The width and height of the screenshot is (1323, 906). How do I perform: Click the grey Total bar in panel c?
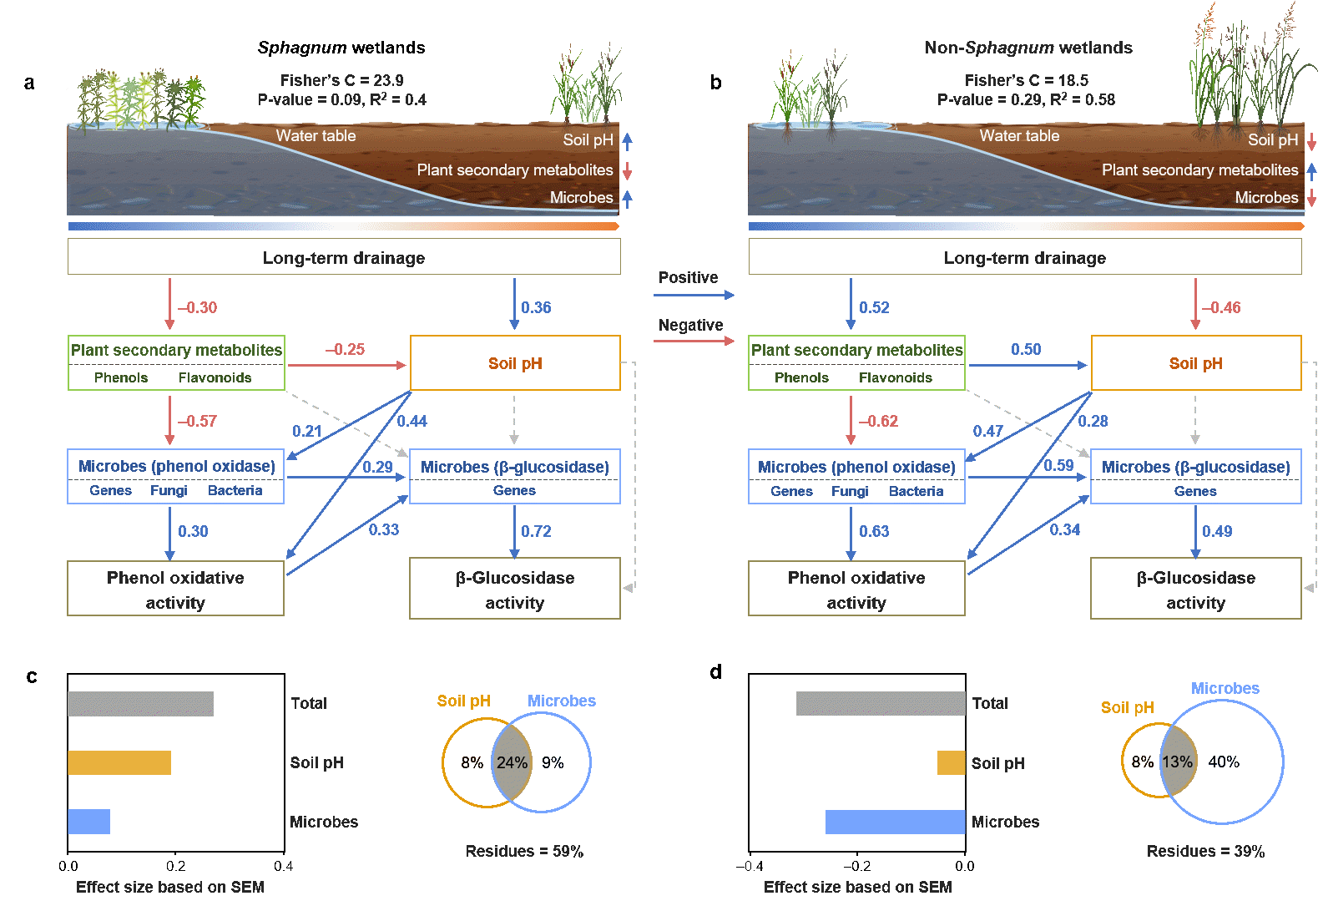[140, 704]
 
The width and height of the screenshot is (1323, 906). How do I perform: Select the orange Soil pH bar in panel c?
[119, 763]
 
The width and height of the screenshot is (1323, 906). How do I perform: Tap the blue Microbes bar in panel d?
[896, 822]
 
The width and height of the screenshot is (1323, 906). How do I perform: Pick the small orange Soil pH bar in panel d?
[952, 763]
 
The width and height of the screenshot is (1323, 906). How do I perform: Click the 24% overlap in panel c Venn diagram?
[512, 762]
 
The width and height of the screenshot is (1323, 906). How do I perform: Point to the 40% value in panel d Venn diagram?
[1224, 762]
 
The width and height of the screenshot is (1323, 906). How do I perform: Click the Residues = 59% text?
[524, 851]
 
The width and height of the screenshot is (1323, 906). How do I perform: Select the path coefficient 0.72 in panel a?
[536, 532]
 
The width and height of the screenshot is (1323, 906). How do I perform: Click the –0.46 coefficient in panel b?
[1220, 308]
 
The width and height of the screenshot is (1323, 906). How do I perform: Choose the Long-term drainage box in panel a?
[344, 258]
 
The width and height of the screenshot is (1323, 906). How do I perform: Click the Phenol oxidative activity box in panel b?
[856, 590]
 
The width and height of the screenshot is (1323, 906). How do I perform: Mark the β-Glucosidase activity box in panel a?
[514, 590]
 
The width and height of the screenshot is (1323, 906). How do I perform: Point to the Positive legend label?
[688, 278]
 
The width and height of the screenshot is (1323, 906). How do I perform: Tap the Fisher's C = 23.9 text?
[341, 81]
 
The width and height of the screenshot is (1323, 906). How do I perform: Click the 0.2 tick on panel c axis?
[175, 866]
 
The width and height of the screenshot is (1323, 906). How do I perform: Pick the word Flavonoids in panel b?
[895, 377]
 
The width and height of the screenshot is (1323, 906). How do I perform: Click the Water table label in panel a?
[316, 136]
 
